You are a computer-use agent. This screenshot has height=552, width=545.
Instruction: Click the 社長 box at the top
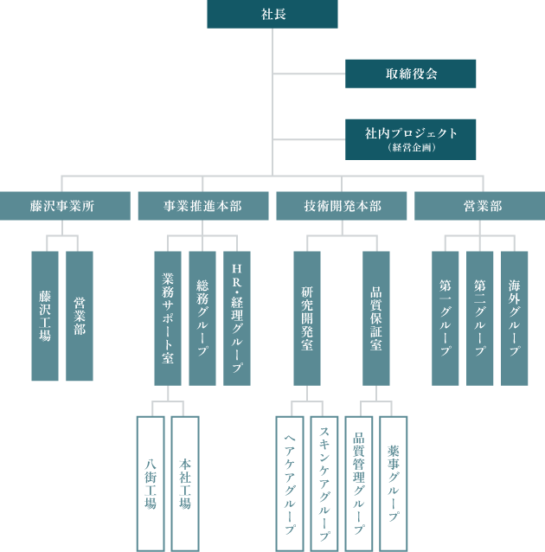[272, 14]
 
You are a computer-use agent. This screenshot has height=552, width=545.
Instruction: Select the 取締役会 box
[411, 74]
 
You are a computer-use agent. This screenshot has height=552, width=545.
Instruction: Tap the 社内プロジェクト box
[411, 134]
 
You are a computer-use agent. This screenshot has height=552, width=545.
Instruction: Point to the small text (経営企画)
[411, 148]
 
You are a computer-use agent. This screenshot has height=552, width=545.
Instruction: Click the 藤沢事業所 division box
[65, 206]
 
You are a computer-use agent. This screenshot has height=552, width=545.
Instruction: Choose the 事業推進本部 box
[202, 206]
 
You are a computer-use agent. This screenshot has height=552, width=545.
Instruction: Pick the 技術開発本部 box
[341, 206]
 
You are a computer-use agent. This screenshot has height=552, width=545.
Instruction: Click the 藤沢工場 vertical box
[45, 316]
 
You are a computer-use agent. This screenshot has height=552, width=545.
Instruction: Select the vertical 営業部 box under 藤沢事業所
[80, 316]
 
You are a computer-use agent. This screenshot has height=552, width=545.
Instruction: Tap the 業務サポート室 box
[168, 318]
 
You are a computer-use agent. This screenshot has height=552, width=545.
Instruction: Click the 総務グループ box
[202, 318]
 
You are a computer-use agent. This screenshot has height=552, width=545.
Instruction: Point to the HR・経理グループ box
[237, 318]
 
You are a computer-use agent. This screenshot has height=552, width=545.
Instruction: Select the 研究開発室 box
[307, 318]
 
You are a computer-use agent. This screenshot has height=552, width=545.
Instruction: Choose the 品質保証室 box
[376, 318]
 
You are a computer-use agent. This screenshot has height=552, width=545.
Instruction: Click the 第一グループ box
[446, 318]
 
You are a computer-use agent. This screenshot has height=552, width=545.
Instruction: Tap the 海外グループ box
[515, 318]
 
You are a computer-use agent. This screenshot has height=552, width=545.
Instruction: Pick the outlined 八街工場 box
[151, 483]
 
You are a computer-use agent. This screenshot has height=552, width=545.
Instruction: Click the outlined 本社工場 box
[185, 483]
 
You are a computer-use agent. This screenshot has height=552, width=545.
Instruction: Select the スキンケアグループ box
[324, 483]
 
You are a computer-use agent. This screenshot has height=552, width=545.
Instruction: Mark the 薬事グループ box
[394, 483]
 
